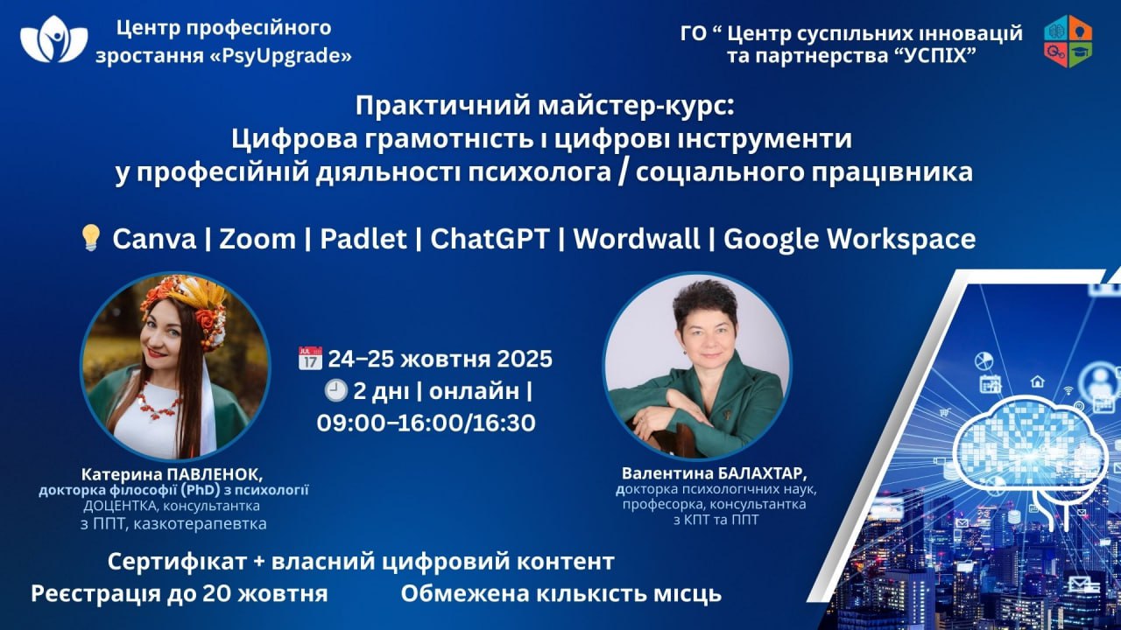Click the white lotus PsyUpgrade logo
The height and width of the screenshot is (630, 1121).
point(54,39)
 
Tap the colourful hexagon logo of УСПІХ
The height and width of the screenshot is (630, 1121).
point(1068,41)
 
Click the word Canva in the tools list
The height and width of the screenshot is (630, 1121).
point(154,239)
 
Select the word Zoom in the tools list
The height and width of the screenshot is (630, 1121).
point(257,239)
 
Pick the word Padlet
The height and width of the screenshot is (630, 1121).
point(363,239)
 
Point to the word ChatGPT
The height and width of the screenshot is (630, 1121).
point(490,239)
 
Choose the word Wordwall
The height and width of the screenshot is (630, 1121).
point(636,239)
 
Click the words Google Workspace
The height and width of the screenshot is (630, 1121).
point(850,239)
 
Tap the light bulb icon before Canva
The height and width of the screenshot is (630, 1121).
point(90,237)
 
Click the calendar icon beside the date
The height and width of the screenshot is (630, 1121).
point(310,358)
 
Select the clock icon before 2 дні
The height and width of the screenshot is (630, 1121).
point(335,390)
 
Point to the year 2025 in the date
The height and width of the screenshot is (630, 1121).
point(525,359)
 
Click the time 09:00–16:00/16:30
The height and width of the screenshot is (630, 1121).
point(426,423)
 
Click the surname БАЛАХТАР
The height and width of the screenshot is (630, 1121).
point(755,472)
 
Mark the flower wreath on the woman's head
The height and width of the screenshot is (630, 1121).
point(185,305)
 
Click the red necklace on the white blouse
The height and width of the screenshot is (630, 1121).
point(159,402)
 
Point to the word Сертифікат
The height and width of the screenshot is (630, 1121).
point(177,562)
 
